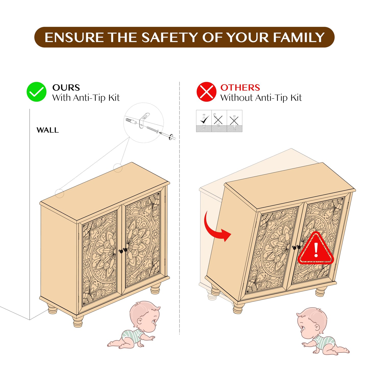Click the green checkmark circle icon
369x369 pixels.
pos(36,92)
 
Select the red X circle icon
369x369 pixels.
pos(206,92)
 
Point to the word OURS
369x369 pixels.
pos(66,88)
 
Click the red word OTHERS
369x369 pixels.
pos(240,88)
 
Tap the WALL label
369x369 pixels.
pos(47,130)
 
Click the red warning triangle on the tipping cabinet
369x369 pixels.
pos(316,248)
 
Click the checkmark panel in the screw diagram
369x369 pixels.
pos(204,121)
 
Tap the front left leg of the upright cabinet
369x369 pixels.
pos(78,322)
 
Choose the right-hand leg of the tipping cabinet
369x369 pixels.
pos(320,292)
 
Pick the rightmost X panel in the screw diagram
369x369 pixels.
pos(234,121)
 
